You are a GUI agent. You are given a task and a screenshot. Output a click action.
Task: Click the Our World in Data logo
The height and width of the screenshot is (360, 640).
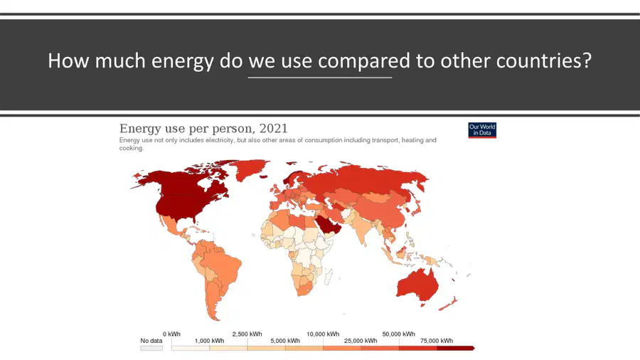(x=482, y=130)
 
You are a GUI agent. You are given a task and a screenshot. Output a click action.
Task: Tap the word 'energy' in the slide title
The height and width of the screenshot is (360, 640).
(x=183, y=60)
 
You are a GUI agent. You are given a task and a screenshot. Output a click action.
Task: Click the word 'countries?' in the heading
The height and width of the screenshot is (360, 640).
(x=544, y=60)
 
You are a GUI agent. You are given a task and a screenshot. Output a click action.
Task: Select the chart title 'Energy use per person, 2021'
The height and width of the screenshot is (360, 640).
(x=203, y=129)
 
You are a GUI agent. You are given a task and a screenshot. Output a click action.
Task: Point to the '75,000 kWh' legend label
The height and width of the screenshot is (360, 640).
(x=437, y=341)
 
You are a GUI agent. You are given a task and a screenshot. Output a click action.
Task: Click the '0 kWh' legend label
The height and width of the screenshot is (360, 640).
(x=171, y=334)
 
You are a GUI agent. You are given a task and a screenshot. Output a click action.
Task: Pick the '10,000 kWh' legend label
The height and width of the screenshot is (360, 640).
(x=323, y=334)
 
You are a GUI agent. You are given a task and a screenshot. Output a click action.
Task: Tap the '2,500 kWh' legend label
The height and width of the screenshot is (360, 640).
(x=247, y=334)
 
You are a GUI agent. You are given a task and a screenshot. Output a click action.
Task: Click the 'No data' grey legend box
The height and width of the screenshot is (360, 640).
(x=151, y=348)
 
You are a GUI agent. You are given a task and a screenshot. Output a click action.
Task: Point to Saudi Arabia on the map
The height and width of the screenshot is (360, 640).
(x=326, y=224)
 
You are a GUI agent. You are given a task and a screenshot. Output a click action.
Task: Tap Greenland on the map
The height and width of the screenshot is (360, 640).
(x=250, y=168)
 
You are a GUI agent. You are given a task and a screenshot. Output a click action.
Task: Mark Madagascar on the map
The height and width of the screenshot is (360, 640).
(x=327, y=276)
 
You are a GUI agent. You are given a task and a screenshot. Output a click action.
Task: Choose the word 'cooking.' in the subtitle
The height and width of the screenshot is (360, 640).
(x=132, y=148)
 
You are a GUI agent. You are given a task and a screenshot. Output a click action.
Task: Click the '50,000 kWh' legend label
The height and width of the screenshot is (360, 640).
(x=398, y=334)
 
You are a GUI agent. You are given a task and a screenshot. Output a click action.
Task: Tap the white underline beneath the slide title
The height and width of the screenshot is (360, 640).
(x=319, y=77)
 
